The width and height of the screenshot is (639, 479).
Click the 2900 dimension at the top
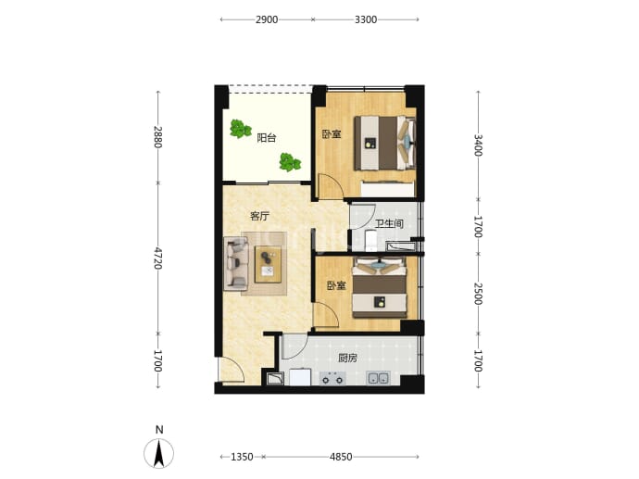[267, 19]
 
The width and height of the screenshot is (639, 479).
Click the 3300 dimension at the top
[366, 19]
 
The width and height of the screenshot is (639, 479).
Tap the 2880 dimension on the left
[158, 137]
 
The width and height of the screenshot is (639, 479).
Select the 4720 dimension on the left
[158, 258]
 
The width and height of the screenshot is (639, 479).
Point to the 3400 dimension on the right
[478, 145]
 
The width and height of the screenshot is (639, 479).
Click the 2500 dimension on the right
[478, 294]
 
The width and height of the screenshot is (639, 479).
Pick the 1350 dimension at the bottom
[242, 457]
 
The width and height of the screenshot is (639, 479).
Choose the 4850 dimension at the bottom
[341, 457]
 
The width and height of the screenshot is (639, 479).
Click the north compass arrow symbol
[159, 453]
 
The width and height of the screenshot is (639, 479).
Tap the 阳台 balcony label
[267, 138]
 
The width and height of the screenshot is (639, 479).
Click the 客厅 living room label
[259, 216]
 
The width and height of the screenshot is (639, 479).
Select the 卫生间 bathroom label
[389, 223]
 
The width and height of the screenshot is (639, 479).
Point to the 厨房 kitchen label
[347, 358]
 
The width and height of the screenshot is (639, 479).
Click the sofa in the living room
[236, 264]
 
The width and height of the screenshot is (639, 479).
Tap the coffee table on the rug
[268, 264]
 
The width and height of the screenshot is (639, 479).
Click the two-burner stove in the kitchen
[332, 379]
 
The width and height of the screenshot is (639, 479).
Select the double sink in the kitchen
[378, 378]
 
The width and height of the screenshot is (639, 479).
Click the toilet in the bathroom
[370, 241]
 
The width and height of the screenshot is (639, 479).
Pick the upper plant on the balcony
[240, 129]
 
